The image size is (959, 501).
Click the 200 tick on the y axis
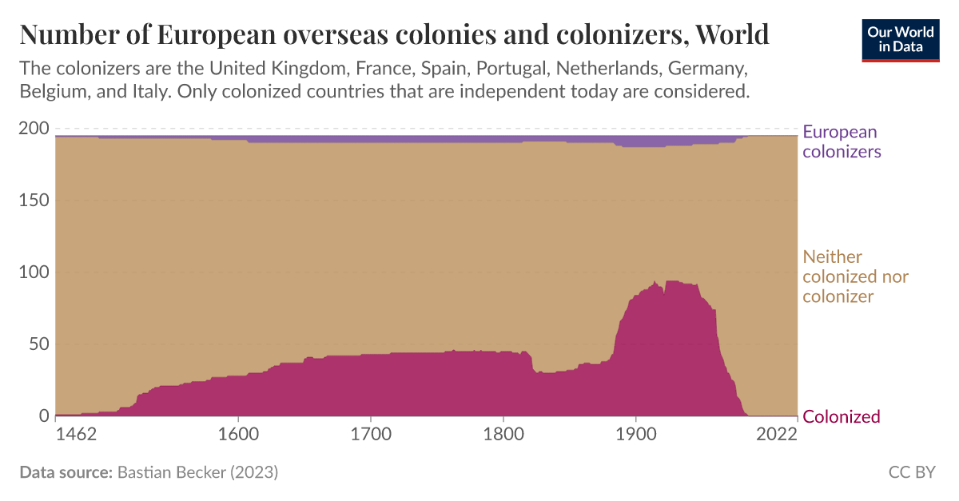click(x=33, y=129)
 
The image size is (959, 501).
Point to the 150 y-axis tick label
click(x=33, y=201)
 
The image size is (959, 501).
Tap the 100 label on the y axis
click(x=33, y=272)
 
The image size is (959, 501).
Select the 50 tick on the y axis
click(x=38, y=344)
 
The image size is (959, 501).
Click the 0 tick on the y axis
click(x=44, y=416)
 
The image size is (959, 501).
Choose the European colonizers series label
click(x=842, y=141)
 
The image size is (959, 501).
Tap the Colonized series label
click(x=841, y=416)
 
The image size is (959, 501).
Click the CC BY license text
click(x=912, y=472)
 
